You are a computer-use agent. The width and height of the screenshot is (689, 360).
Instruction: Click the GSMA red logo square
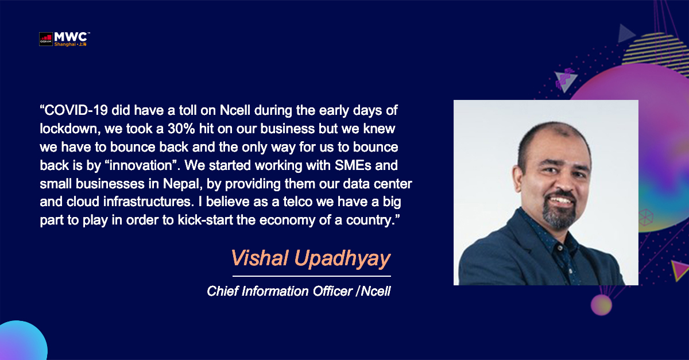pyautogui.click(x=46, y=39)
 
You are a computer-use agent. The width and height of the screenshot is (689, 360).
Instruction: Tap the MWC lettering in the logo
pyautogui.click(x=71, y=37)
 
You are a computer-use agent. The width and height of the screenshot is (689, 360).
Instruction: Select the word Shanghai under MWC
pyautogui.click(x=65, y=44)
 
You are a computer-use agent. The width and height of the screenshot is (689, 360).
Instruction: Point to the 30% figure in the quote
pyautogui.click(x=181, y=129)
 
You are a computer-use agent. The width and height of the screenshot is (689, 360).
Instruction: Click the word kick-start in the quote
pyautogui.click(x=206, y=220)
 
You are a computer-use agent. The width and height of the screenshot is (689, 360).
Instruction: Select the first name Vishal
pyautogui.click(x=260, y=258)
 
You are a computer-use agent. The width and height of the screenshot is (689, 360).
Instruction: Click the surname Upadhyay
pyautogui.click(x=342, y=259)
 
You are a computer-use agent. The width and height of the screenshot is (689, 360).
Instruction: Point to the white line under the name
pyautogui.click(x=312, y=276)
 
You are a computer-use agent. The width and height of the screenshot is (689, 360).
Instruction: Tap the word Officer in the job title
pyautogui.click(x=332, y=291)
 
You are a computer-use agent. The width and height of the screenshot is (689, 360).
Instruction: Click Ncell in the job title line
pyautogui.click(x=376, y=291)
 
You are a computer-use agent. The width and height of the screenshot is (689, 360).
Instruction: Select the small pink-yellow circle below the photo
pyautogui.click(x=601, y=305)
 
